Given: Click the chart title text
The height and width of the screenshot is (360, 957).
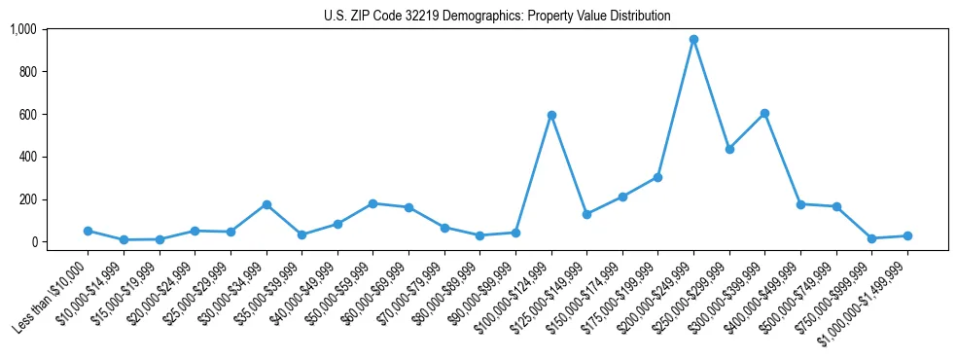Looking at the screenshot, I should point(497,17).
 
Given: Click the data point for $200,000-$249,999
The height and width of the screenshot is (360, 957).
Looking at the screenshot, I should point(693,40).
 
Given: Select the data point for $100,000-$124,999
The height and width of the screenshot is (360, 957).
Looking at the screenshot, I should point(551,116).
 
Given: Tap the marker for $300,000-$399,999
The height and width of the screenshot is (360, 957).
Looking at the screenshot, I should point(764,114).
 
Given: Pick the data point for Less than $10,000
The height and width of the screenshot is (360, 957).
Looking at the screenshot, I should point(89,231).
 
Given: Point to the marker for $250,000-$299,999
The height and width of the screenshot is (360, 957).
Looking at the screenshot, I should point(729,149).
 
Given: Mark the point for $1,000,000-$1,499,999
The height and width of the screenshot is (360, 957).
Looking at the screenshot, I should point(907,235).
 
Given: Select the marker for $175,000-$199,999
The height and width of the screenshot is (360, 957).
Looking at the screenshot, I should point(657,177).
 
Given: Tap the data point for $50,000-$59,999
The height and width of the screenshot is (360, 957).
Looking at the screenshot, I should point(373,203).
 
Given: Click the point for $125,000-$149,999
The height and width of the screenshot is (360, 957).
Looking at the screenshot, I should point(586,214).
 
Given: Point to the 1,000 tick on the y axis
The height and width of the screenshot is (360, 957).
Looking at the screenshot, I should point(22,29).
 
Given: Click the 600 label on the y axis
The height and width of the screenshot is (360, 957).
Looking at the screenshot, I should point(26,114).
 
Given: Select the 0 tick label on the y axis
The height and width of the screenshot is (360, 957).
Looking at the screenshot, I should point(33,241).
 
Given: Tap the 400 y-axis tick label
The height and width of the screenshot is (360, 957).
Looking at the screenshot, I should point(26,157).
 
